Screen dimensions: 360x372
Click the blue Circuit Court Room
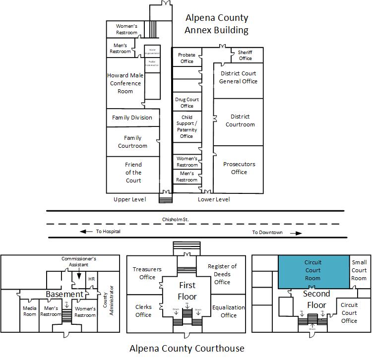coord(312,271)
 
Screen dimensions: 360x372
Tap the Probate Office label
coord(187,58)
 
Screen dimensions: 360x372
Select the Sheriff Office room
coord(245,55)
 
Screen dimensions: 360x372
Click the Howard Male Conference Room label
coord(125,83)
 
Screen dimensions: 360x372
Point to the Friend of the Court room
coord(133,172)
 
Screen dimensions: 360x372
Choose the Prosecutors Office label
coord(239,168)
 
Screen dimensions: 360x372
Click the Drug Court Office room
coord(187,103)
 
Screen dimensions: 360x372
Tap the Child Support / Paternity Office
coord(187,127)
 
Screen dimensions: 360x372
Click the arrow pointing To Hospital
coord(87,232)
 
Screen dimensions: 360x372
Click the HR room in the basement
coord(91,279)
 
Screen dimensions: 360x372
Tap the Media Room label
coord(30,311)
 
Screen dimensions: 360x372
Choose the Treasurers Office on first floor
coord(147,273)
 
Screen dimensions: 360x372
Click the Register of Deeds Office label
coord(222,274)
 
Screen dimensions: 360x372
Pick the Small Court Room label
coord(359,270)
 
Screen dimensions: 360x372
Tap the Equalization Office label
coord(228,311)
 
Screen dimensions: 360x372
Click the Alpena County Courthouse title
coord(186,348)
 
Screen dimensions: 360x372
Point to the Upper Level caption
coord(129,199)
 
